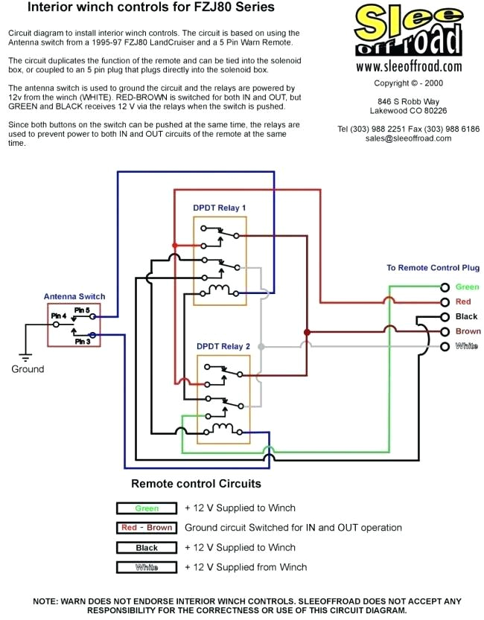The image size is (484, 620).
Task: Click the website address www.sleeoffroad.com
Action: click(x=408, y=67)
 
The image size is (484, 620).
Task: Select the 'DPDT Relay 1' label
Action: click(x=220, y=208)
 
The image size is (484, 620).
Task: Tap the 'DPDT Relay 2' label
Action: click(x=223, y=346)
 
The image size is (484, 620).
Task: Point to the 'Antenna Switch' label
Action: click(x=74, y=297)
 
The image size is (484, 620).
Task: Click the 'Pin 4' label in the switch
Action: click(x=58, y=316)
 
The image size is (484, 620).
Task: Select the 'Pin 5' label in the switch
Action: click(x=82, y=310)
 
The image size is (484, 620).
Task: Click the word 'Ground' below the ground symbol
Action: click(x=28, y=369)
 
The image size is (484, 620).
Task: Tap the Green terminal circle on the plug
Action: click(x=445, y=287)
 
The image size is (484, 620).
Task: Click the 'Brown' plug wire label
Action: click(x=468, y=331)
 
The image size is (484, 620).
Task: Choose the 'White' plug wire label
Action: click(x=467, y=346)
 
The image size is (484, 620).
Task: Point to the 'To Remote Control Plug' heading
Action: click(x=433, y=268)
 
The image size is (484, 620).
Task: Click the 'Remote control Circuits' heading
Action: click(x=196, y=484)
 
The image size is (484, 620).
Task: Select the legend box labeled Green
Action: click(x=147, y=508)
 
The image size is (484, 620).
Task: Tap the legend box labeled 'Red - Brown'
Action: click(x=147, y=528)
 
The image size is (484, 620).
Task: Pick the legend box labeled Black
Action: click(x=147, y=548)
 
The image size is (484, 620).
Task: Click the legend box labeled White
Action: click(x=147, y=567)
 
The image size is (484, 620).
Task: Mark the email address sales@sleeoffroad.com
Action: click(x=408, y=138)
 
